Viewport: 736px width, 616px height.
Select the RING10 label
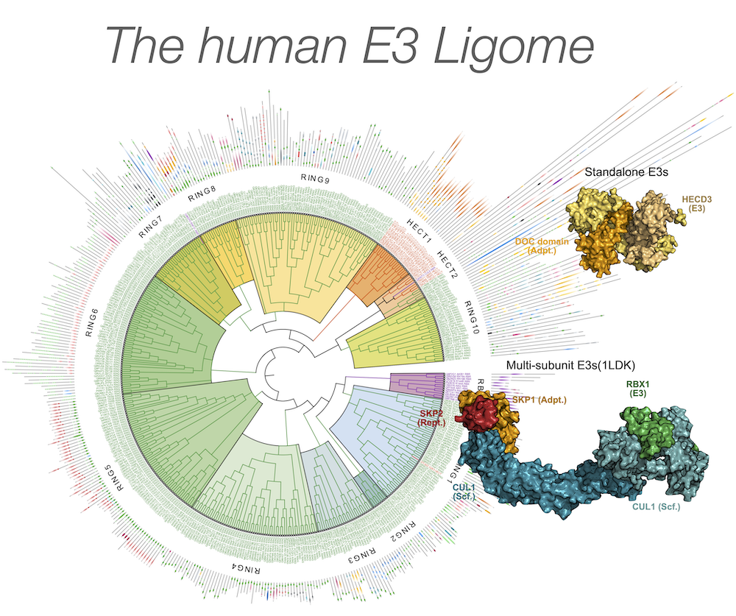[x=470, y=316]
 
